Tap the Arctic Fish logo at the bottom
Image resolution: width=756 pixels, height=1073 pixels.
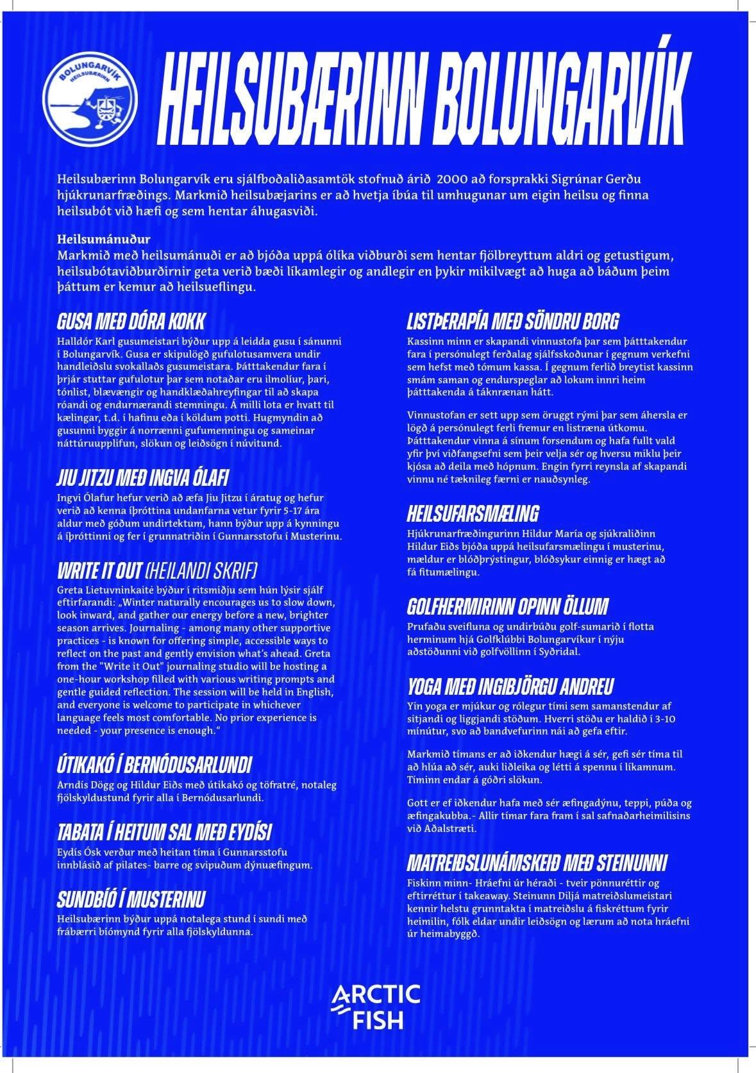pos(376,1006)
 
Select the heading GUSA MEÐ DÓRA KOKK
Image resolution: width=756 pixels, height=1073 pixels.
pos(131,321)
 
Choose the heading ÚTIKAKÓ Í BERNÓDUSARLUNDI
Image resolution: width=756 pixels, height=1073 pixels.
pos(154,765)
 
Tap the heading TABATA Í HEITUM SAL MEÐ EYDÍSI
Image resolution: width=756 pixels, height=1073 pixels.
pos(164,832)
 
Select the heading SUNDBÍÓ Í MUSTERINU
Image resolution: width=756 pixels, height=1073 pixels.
pos(131,899)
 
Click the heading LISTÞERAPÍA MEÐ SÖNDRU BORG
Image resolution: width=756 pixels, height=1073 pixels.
pos(513,321)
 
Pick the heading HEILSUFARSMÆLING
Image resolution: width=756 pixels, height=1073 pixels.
pos(473,513)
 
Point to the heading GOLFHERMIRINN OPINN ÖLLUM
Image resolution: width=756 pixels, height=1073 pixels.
pos(507,606)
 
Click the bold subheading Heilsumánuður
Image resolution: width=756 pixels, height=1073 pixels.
pos(103,239)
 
